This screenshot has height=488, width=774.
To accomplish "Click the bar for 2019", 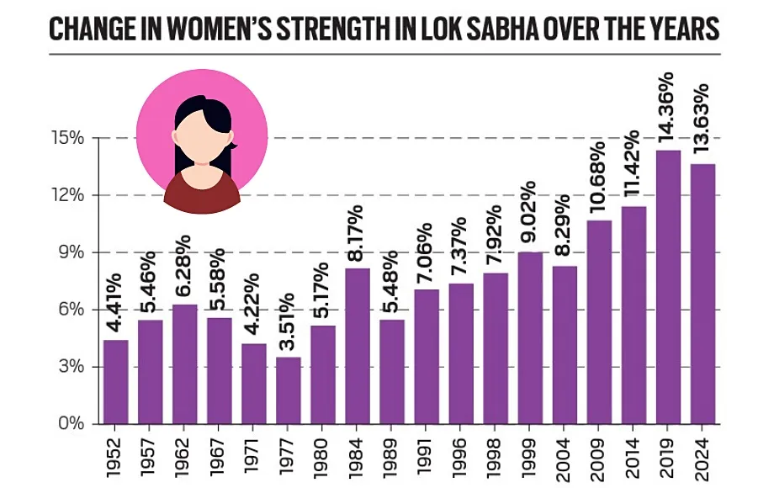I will click(x=669, y=286).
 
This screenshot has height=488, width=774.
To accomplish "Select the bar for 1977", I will click(x=289, y=390).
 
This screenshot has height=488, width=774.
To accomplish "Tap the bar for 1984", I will click(x=358, y=345).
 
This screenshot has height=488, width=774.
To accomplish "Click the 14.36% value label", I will click(x=670, y=113).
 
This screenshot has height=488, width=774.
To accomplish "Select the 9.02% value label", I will click(x=530, y=215).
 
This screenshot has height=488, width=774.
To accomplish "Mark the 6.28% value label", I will click(x=185, y=268).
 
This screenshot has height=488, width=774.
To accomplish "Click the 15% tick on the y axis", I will click(x=67, y=138).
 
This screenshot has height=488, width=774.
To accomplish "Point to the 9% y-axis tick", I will click(x=71, y=252).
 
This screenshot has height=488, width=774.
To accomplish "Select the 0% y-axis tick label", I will click(x=71, y=423).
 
